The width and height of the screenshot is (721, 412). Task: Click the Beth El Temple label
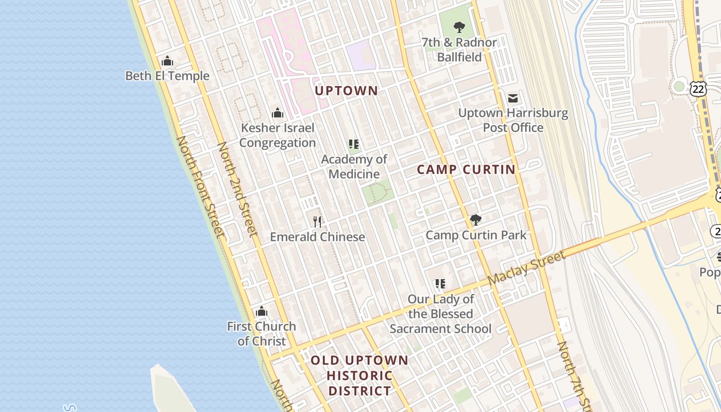(x=167, y=76)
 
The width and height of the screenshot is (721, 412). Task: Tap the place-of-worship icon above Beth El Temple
(x=167, y=61)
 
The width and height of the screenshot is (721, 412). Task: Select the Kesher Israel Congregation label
(x=278, y=135)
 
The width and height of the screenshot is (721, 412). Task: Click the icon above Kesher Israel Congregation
(x=278, y=113)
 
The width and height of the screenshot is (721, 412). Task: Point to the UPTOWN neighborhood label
(x=346, y=91)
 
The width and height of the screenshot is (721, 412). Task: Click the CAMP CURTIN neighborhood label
(x=466, y=169)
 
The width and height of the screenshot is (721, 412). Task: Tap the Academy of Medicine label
(x=354, y=166)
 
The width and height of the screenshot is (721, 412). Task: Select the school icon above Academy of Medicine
(x=353, y=144)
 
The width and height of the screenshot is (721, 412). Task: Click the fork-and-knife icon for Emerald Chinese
(x=318, y=222)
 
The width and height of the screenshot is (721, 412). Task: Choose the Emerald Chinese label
(x=318, y=237)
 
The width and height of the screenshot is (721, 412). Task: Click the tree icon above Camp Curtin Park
(x=476, y=220)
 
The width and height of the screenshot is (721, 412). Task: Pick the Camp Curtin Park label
(x=476, y=235)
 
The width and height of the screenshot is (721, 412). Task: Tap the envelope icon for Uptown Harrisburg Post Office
(x=513, y=98)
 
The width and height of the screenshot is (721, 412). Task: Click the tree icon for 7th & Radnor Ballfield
(x=459, y=27)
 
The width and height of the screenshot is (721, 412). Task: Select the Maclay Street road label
(x=526, y=268)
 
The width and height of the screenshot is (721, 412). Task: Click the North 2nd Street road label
(x=237, y=190)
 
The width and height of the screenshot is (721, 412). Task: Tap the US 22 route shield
(x=699, y=89)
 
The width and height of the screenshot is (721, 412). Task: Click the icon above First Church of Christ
(x=262, y=312)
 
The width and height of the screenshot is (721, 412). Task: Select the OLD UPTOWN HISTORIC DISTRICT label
(x=359, y=375)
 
